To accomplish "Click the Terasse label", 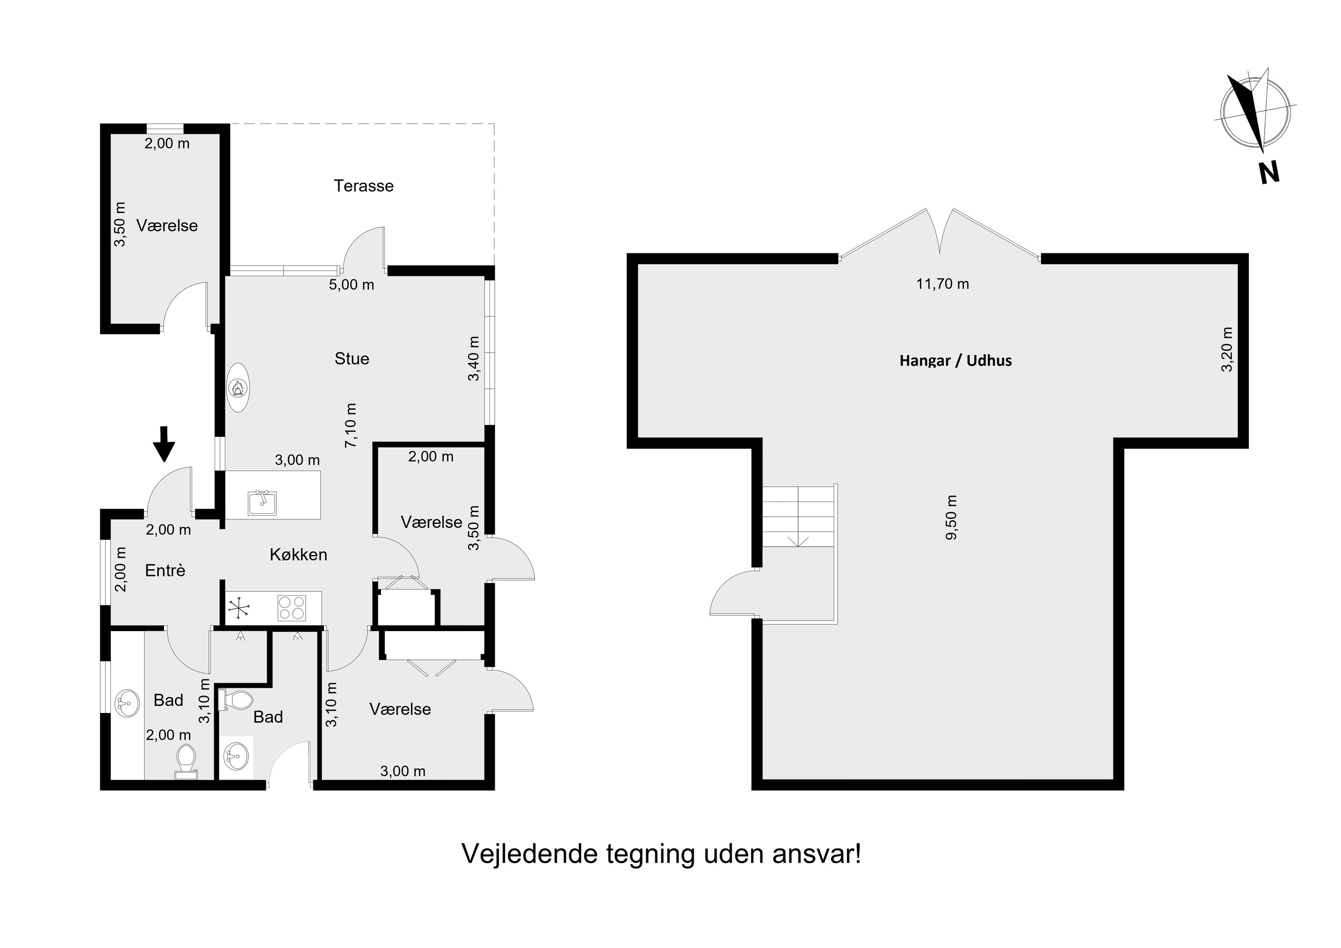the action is tap(363, 186).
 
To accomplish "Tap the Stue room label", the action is tap(352, 358).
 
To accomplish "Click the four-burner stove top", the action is tap(291, 607).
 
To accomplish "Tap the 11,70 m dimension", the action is tap(942, 284).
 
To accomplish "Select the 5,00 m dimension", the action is tap(352, 285).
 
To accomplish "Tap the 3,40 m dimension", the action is tap(474, 358).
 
